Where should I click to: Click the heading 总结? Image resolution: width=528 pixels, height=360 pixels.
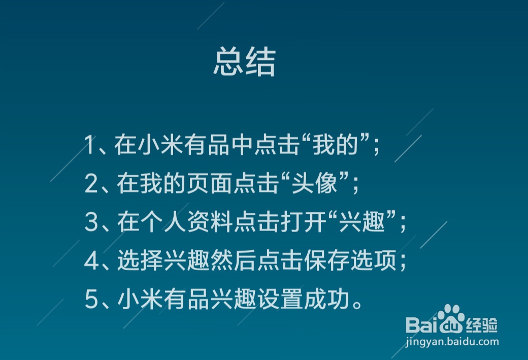pyautogui.click(x=244, y=62)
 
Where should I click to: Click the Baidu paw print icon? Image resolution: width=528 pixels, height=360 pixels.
pyautogui.click(x=450, y=319)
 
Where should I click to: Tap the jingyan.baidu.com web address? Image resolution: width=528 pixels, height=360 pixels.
pyautogui.click(x=452, y=342)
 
